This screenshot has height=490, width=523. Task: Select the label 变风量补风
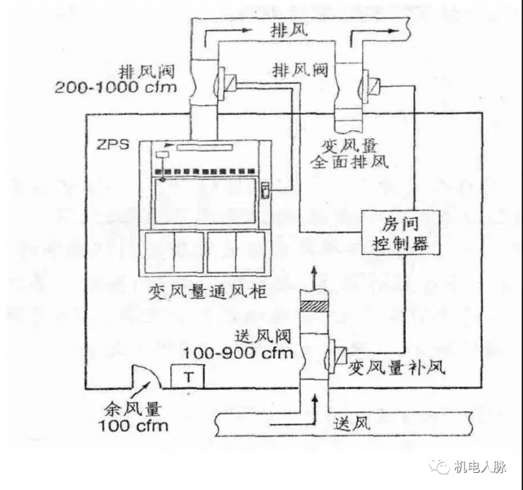tap(398, 367)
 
